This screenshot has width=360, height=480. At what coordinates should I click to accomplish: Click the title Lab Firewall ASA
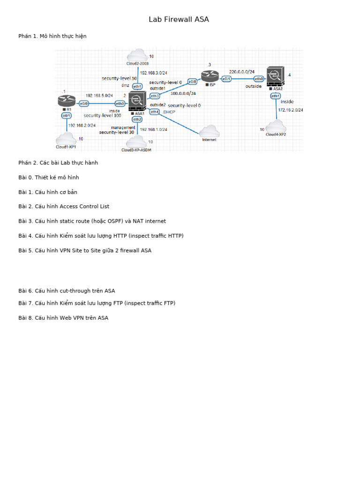click(x=179, y=20)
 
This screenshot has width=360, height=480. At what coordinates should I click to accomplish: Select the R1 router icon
click(x=67, y=100)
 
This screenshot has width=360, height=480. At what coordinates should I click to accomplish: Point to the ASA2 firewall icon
click(x=275, y=76)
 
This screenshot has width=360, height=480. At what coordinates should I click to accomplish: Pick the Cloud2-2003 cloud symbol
click(x=137, y=55)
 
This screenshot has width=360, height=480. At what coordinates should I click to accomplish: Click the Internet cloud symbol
click(x=209, y=131)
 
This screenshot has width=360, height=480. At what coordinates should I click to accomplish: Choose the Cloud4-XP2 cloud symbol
click(x=276, y=126)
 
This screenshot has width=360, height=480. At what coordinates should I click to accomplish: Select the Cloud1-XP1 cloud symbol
click(x=66, y=139)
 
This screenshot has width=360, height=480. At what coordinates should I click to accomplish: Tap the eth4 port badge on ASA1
click(x=154, y=112)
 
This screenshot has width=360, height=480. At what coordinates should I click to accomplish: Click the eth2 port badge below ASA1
click(x=137, y=119)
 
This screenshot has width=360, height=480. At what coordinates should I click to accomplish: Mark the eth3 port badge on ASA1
click(x=155, y=96)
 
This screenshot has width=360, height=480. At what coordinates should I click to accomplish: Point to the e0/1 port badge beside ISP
click(x=226, y=79)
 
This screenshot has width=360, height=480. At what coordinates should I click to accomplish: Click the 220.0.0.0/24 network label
click(x=241, y=72)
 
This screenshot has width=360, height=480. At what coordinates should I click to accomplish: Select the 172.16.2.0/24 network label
click(x=291, y=110)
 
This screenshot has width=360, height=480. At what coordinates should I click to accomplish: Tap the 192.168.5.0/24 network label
click(x=99, y=96)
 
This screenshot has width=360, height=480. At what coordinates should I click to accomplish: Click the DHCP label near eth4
click(x=169, y=112)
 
